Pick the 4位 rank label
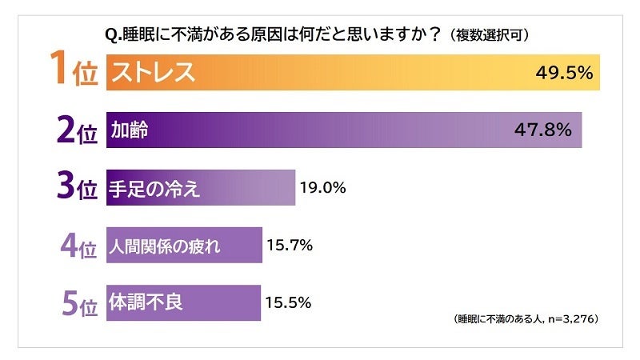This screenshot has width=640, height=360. coord(78,246)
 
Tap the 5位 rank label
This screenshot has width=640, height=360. coord(78,303)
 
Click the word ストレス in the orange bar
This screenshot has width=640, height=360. coord(153,73)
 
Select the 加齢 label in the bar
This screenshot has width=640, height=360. coord(129,130)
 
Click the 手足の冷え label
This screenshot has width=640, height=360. coord(154,189)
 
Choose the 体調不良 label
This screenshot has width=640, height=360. coord(146,303)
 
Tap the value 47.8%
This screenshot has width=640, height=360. coord(545,130)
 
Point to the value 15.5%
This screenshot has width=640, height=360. coord(288,303)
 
